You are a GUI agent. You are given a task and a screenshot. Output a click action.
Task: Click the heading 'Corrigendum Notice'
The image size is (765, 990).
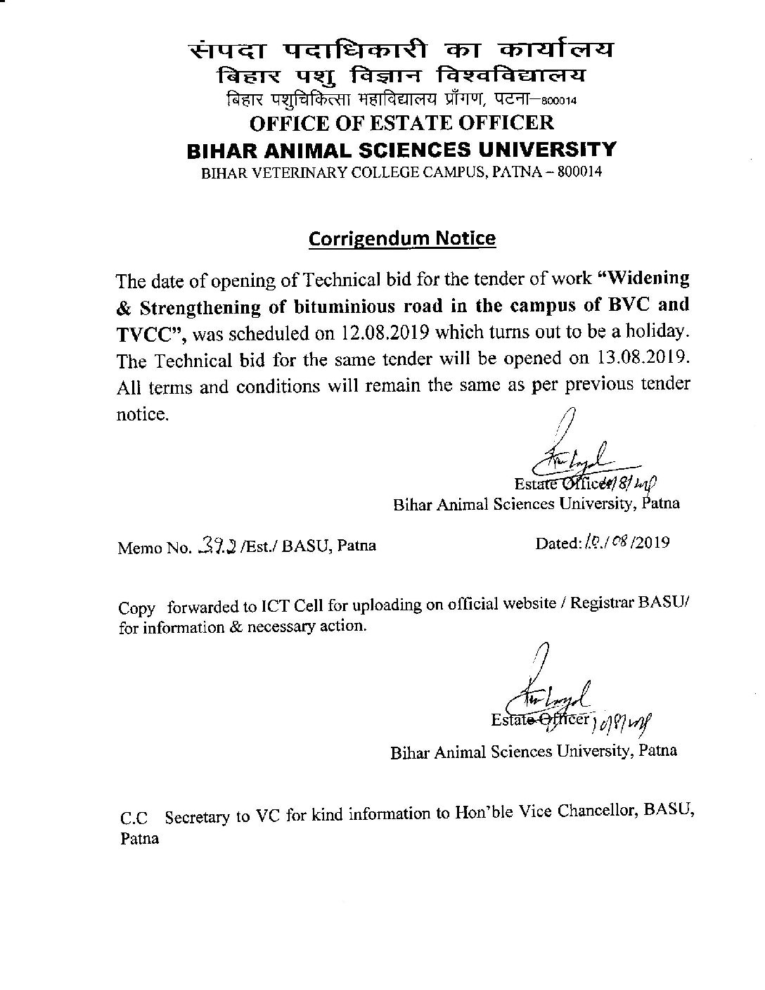click(402, 238)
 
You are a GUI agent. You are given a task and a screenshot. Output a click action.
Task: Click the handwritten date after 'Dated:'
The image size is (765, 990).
click(607, 542)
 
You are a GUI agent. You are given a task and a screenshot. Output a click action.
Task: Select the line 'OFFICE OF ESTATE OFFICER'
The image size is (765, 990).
click(402, 122)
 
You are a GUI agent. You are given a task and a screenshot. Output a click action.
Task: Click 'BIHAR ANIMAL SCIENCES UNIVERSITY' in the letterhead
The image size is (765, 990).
click(401, 149)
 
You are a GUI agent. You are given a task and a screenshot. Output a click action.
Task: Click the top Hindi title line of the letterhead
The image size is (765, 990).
click(401, 51)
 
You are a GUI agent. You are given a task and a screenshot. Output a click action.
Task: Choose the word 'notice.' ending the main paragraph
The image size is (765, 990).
click(143, 415)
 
